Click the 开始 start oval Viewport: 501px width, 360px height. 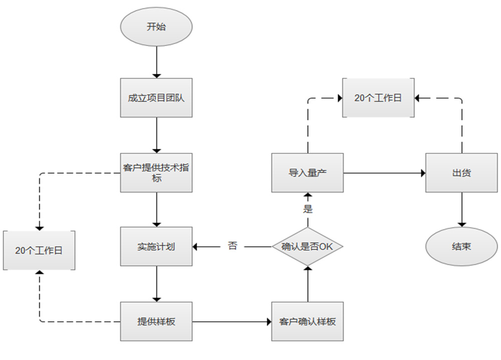click(x=156, y=27)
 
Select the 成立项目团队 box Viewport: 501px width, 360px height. click(x=156, y=98)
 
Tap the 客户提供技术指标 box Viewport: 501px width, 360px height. click(x=156, y=172)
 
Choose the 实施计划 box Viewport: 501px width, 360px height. click(x=156, y=247)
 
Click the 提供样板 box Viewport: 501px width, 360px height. click(x=156, y=321)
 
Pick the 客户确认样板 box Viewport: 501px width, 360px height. click(x=308, y=321)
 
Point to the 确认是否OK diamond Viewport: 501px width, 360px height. click(x=308, y=247)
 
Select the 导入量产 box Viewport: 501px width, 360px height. click(x=308, y=173)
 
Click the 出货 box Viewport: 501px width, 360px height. click(x=461, y=173)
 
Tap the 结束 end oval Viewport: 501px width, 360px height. click(x=461, y=247)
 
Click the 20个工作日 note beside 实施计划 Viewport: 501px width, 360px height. click(x=39, y=250)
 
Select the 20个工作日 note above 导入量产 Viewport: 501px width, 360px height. click(x=378, y=98)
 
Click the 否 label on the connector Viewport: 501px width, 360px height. click(x=232, y=246)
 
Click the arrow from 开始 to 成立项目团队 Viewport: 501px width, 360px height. click(x=157, y=62)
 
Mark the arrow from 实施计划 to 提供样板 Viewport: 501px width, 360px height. click(x=157, y=284)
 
